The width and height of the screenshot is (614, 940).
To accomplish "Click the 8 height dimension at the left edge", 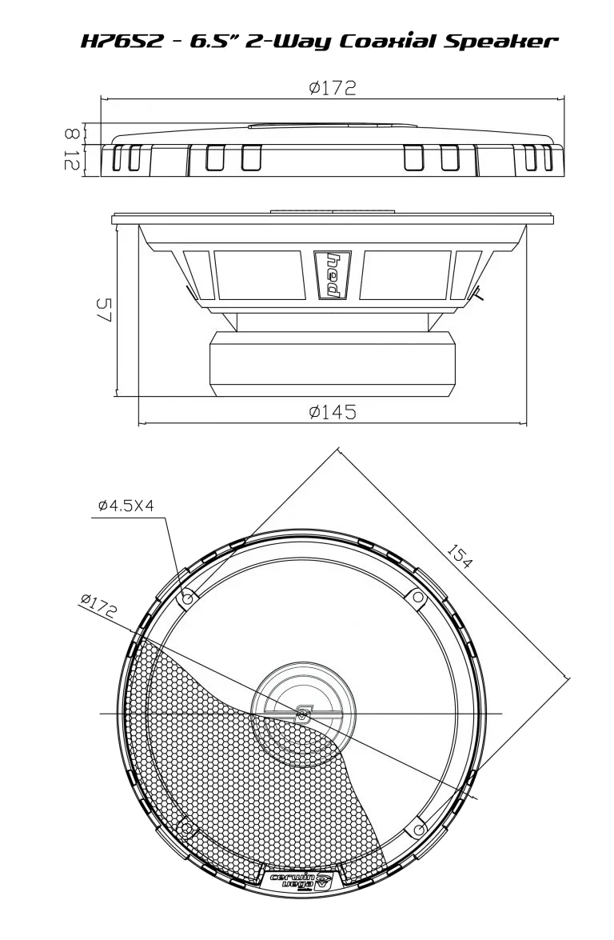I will (x=72, y=133).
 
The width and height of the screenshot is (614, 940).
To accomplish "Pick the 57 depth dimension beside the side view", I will (x=106, y=310).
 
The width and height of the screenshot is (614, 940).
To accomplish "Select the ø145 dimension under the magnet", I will (x=332, y=412).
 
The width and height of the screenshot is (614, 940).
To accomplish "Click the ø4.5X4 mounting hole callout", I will (x=126, y=506).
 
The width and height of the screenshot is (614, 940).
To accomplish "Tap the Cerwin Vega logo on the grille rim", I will (x=300, y=881).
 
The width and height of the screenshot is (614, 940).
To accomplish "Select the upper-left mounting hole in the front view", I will (x=187, y=598).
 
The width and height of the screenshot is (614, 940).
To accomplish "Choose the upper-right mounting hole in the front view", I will (x=417, y=597).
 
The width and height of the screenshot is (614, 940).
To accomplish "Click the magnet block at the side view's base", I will (x=332, y=365).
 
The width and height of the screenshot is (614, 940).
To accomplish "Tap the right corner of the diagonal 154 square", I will (x=572, y=677).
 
